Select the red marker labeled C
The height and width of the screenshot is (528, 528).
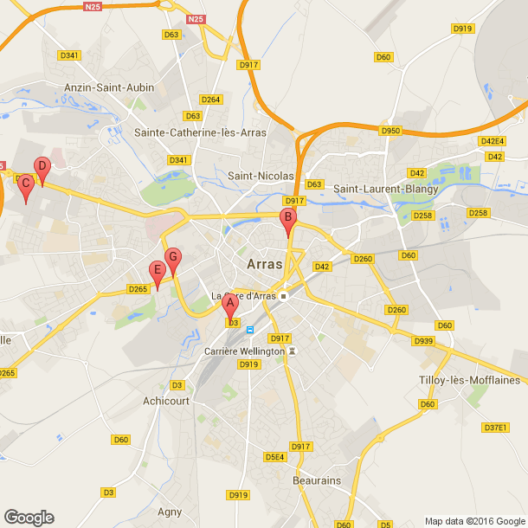26,184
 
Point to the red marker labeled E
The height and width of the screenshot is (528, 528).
157,271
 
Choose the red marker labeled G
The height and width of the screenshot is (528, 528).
172,257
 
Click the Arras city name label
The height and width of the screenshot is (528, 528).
263,264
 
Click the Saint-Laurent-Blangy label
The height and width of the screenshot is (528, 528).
386,189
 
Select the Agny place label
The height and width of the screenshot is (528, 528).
170,512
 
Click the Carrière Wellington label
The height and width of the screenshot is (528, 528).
243,351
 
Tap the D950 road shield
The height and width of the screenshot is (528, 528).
391,131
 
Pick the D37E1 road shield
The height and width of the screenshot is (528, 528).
494,427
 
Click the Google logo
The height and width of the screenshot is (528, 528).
28,518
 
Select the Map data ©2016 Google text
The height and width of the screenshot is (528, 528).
474,521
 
